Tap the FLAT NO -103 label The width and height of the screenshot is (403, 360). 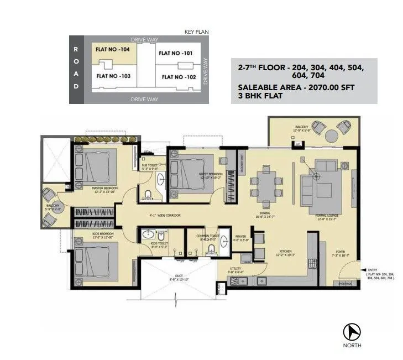coord(113,76)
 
